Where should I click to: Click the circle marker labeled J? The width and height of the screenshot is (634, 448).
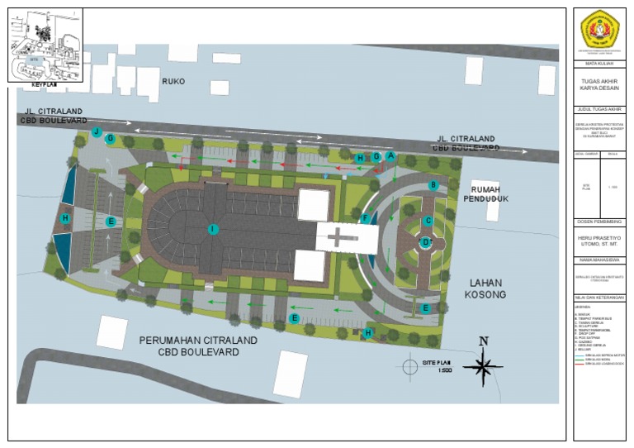(x=97, y=132)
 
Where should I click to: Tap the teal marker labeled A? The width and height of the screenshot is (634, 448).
(x=390, y=155)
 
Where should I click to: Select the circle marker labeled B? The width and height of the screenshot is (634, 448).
(x=433, y=185)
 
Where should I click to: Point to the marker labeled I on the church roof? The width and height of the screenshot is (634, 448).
(x=213, y=228)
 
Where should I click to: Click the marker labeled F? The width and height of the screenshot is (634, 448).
(x=365, y=218)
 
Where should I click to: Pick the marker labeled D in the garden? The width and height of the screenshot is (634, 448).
(x=426, y=243)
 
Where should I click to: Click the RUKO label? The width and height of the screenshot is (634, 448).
(x=173, y=82)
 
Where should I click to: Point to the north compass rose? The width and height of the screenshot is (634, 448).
(x=484, y=365)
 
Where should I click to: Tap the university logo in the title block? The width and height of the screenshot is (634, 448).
(x=599, y=31)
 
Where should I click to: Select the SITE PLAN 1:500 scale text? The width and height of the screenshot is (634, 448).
(x=438, y=366)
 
